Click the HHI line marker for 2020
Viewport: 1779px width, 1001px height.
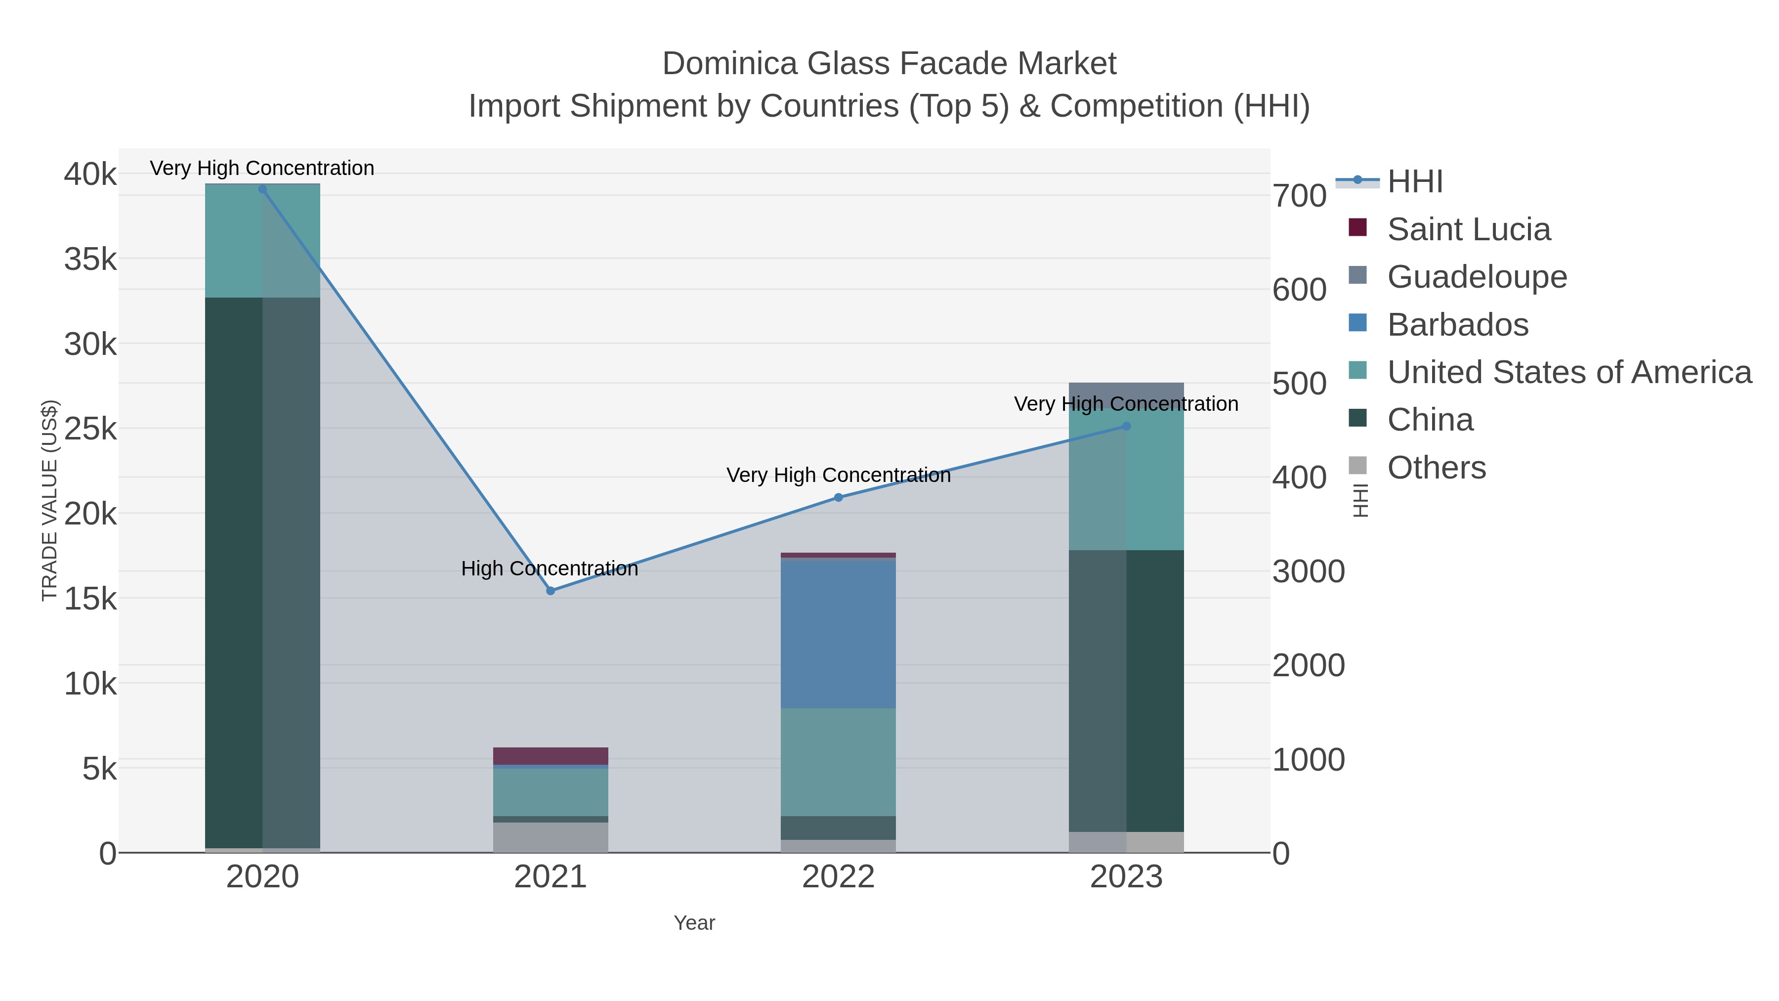pos(262,189)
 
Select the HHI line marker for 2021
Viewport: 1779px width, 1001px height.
pos(551,591)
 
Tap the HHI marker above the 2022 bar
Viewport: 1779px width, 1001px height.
pos(839,497)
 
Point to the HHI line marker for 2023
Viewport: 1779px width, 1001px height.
pos(1126,426)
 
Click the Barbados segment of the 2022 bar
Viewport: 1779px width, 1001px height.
pos(839,634)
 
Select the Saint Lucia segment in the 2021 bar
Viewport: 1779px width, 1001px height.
pos(551,756)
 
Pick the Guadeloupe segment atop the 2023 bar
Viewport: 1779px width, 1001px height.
pos(1126,394)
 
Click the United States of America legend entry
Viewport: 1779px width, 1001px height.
pos(1569,372)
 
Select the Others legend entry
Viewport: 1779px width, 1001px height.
pos(1437,468)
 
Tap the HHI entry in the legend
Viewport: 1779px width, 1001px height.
pos(1414,182)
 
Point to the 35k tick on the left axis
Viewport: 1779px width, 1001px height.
pos(90,260)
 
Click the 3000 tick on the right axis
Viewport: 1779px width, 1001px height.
pos(1308,572)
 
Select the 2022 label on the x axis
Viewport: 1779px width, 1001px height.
pos(839,877)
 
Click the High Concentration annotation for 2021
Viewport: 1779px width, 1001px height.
pos(550,568)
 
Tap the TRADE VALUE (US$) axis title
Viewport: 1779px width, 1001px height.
pos(50,500)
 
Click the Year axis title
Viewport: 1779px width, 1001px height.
pos(694,923)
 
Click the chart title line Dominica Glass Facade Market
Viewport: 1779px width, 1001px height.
pos(889,64)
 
